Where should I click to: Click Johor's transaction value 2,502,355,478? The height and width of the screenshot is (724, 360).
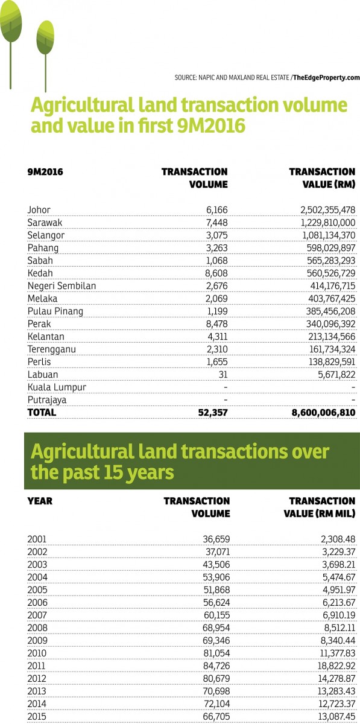click(327, 210)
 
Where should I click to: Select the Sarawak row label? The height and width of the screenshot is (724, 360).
click(45, 223)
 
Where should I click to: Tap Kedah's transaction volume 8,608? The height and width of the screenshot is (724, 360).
click(216, 273)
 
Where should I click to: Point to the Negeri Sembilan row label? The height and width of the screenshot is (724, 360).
click(62, 286)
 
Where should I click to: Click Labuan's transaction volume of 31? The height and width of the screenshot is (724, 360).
click(223, 375)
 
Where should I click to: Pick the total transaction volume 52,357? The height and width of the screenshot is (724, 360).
click(213, 413)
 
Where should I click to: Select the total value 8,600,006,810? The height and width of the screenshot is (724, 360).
click(323, 413)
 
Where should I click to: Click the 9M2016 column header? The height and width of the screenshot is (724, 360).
click(45, 171)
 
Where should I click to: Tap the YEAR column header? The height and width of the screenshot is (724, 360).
click(40, 501)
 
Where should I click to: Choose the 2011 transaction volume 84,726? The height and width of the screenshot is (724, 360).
click(216, 666)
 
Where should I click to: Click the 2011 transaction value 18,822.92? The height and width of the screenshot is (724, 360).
click(337, 666)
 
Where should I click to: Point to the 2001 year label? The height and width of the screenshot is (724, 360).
click(37, 539)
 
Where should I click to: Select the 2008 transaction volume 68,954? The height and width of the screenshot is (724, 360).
click(216, 627)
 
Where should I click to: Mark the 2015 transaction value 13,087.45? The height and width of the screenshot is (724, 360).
click(337, 717)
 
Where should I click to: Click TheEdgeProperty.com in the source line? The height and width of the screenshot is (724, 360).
click(326, 78)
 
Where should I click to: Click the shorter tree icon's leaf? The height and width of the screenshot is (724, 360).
click(45, 37)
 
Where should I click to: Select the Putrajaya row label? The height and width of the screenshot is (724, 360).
click(47, 400)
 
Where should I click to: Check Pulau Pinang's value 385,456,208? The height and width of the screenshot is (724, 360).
click(331, 311)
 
